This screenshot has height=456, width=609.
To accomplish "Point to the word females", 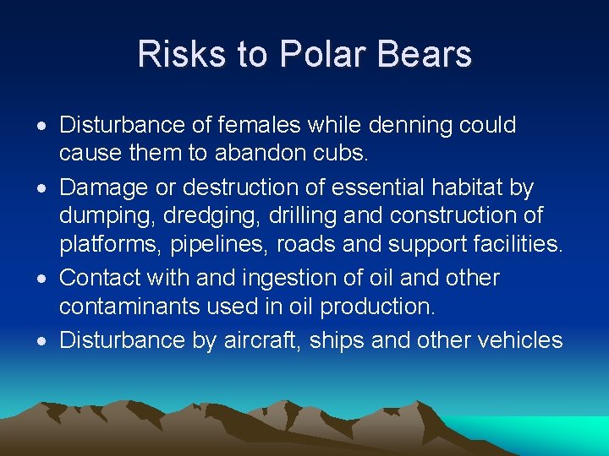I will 258,125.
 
